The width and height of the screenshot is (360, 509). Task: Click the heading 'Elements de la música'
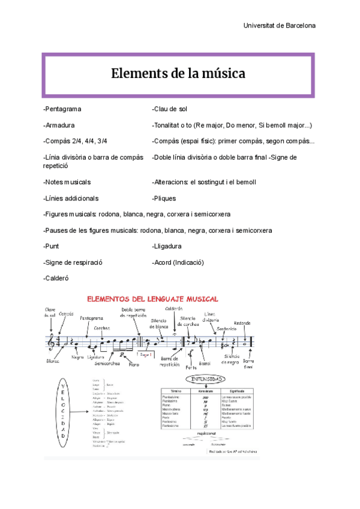(x=178, y=74)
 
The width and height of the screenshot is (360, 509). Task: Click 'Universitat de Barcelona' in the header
(x=279, y=26)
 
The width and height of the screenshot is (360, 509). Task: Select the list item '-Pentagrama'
(x=62, y=109)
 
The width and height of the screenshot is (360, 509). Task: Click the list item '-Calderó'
(x=57, y=279)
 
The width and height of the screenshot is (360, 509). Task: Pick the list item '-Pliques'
(x=165, y=198)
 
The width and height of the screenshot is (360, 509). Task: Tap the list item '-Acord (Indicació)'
(x=179, y=262)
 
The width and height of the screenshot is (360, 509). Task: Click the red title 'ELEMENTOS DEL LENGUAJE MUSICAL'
(x=153, y=299)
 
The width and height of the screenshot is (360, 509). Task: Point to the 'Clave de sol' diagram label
(x=50, y=312)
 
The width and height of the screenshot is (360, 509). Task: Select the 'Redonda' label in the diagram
(x=246, y=322)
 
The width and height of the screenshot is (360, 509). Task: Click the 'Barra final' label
(x=249, y=364)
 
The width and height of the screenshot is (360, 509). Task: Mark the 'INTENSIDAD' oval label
(x=205, y=380)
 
